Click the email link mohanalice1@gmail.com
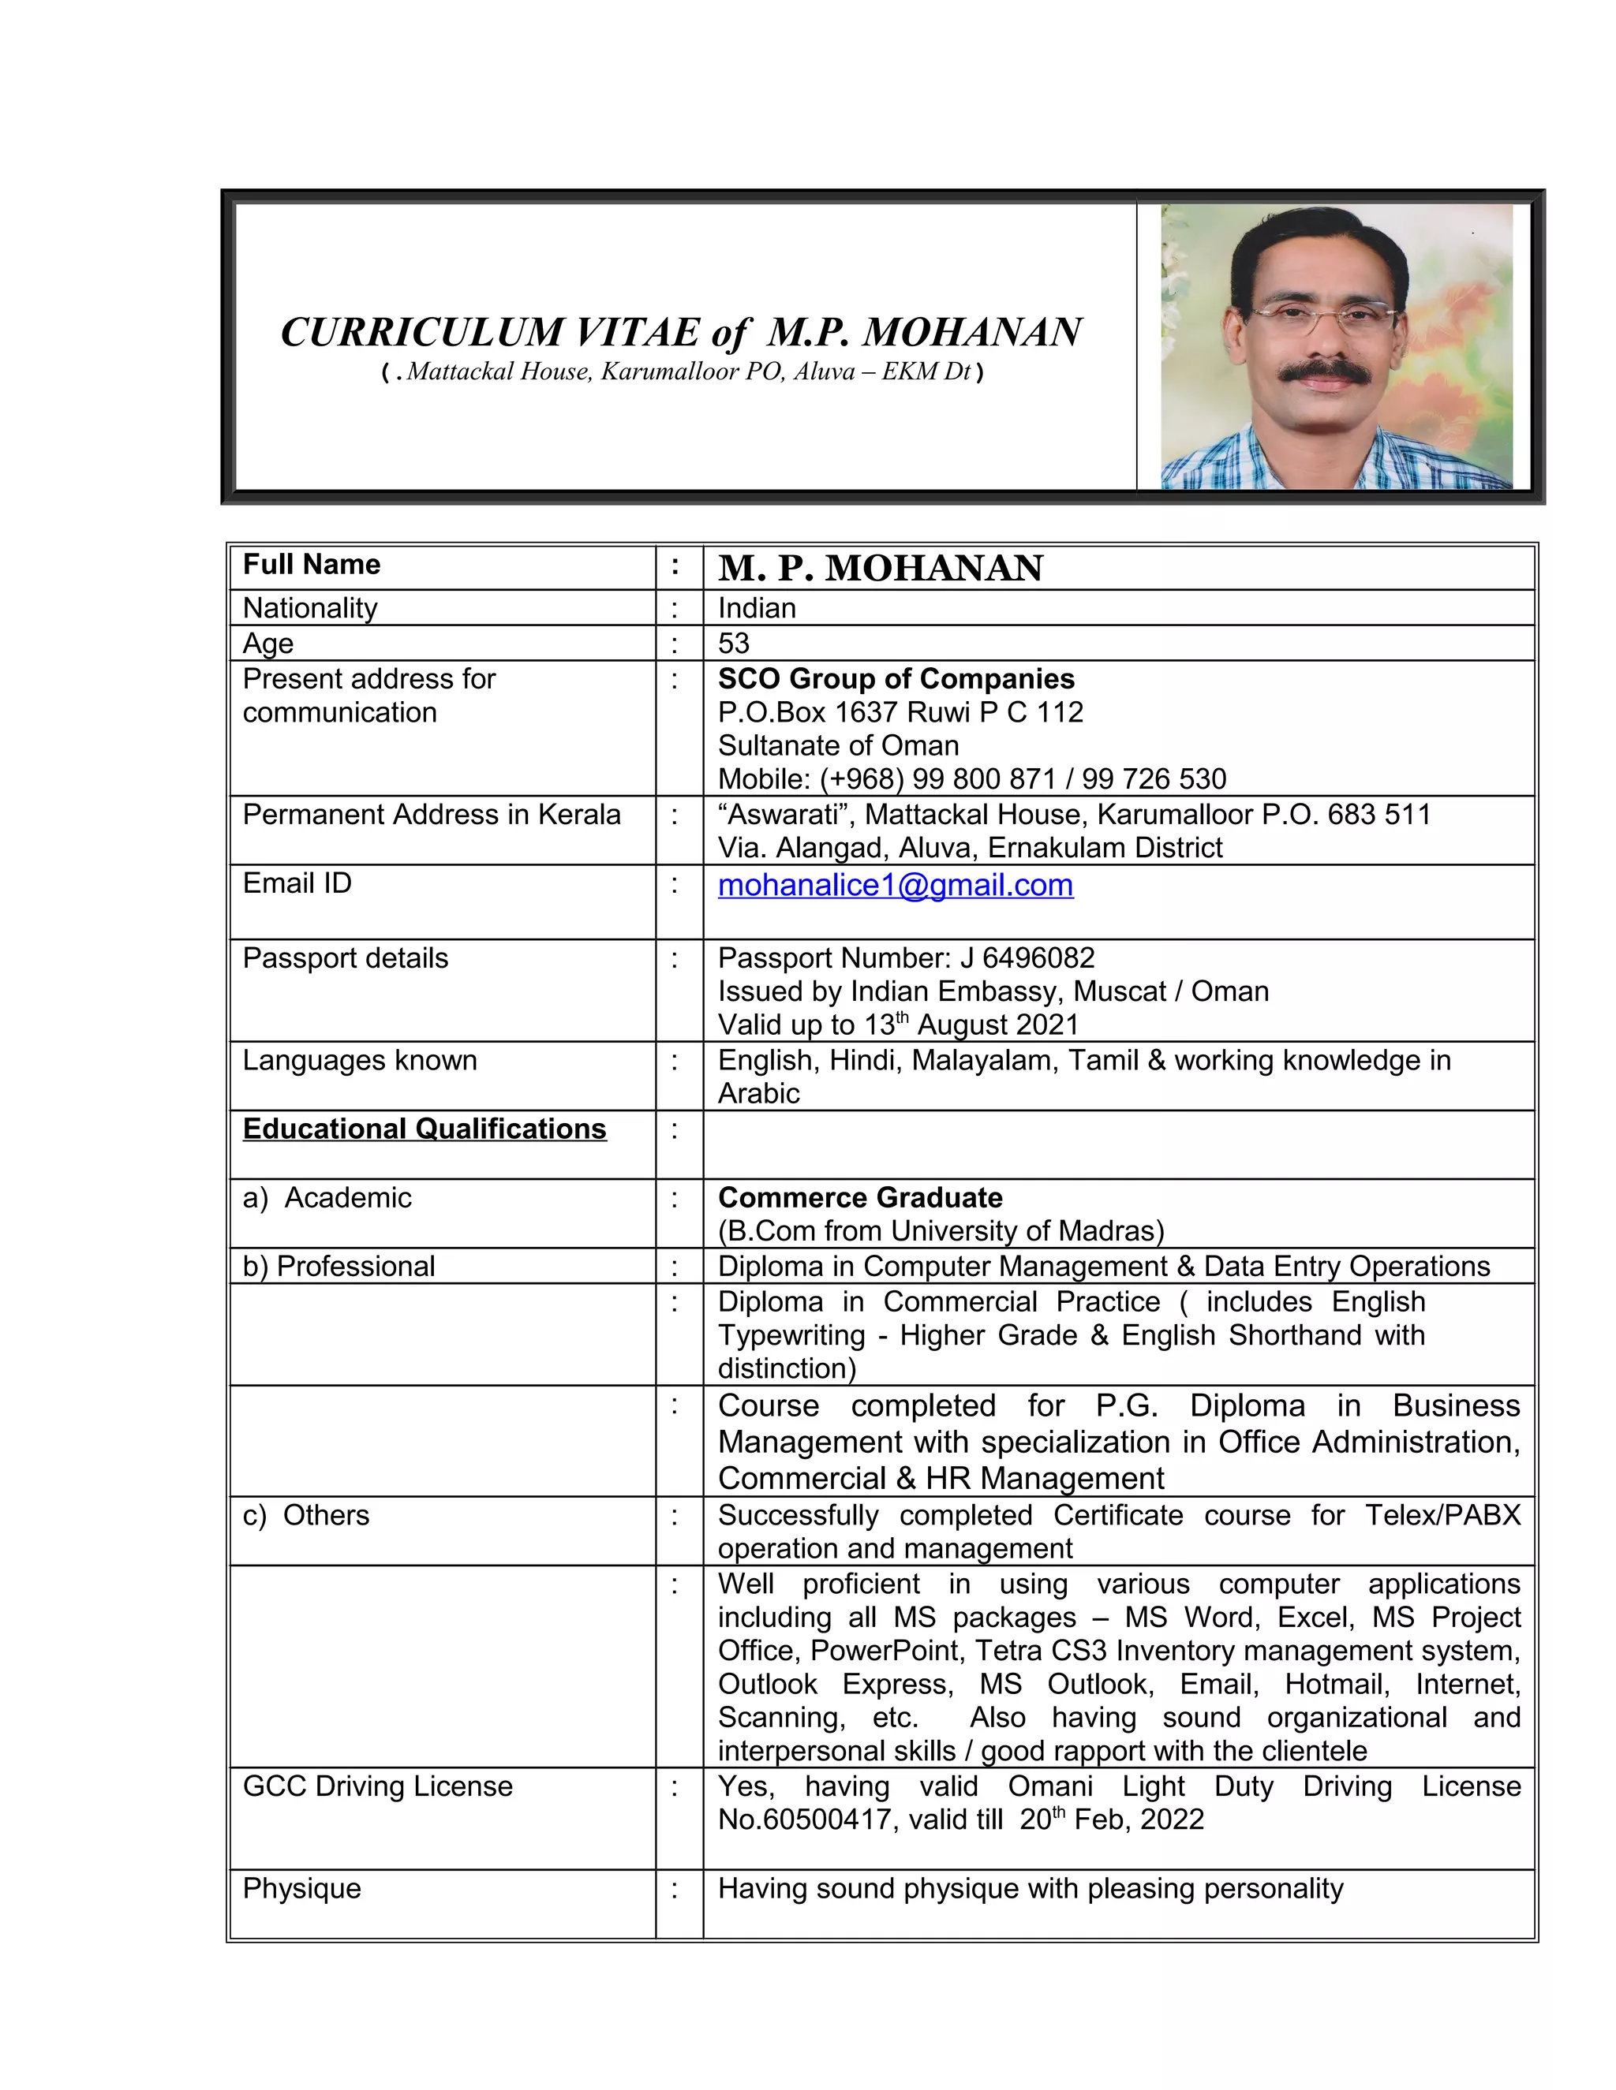click(895, 885)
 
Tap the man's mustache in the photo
click(1326, 373)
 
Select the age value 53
click(733, 643)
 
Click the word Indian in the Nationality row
click(756, 607)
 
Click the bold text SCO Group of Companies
click(896, 678)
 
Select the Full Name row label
click(311, 565)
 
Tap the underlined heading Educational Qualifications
click(424, 1129)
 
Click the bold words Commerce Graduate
click(860, 1198)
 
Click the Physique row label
click(301, 1888)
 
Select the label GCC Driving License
click(377, 1786)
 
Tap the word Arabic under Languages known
click(758, 1093)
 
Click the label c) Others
click(305, 1515)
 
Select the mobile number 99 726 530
click(1154, 779)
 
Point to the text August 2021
click(997, 1025)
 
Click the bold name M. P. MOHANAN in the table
click(880, 569)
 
